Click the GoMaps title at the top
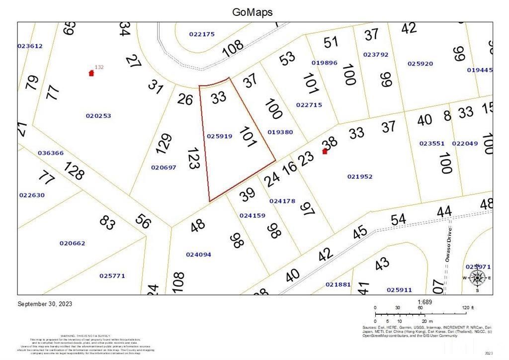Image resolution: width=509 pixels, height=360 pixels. [253, 12]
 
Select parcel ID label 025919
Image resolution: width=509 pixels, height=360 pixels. [219, 136]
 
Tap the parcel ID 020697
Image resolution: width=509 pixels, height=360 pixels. [164, 168]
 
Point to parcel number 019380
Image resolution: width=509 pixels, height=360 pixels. [280, 132]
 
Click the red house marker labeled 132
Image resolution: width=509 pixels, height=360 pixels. [91, 73]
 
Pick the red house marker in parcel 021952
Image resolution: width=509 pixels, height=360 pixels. [325, 151]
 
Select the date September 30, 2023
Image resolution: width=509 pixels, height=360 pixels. [45, 304]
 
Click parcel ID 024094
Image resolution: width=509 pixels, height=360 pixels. [198, 255]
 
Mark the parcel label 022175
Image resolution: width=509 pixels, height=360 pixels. [202, 34]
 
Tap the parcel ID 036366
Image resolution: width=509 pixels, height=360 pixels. [50, 153]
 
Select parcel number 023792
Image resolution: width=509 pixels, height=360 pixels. [375, 55]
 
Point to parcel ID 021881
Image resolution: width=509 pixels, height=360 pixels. [338, 284]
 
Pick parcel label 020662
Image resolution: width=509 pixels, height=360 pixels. [72, 244]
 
